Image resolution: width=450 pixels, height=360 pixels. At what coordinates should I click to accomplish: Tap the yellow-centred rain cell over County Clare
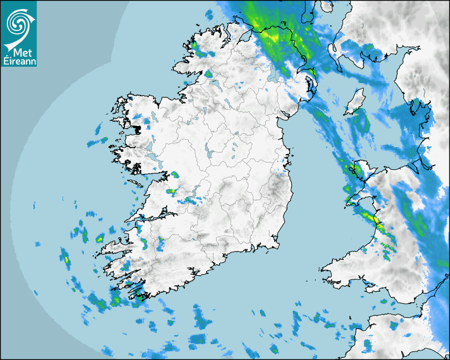coord(170,192)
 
